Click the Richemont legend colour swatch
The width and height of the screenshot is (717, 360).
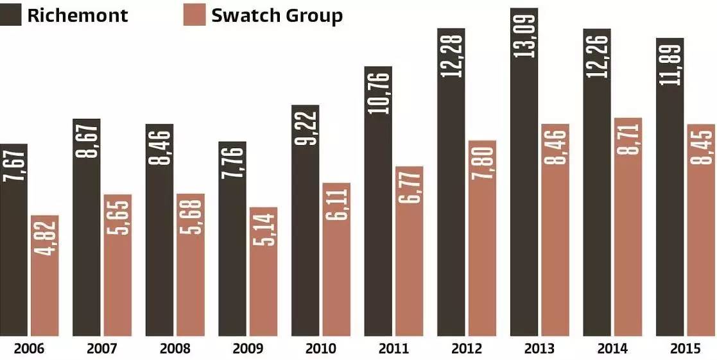[10, 14]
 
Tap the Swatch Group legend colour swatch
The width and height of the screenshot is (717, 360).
[194, 14]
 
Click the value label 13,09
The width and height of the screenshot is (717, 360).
[524, 32]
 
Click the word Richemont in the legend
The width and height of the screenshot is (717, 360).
[78, 15]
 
